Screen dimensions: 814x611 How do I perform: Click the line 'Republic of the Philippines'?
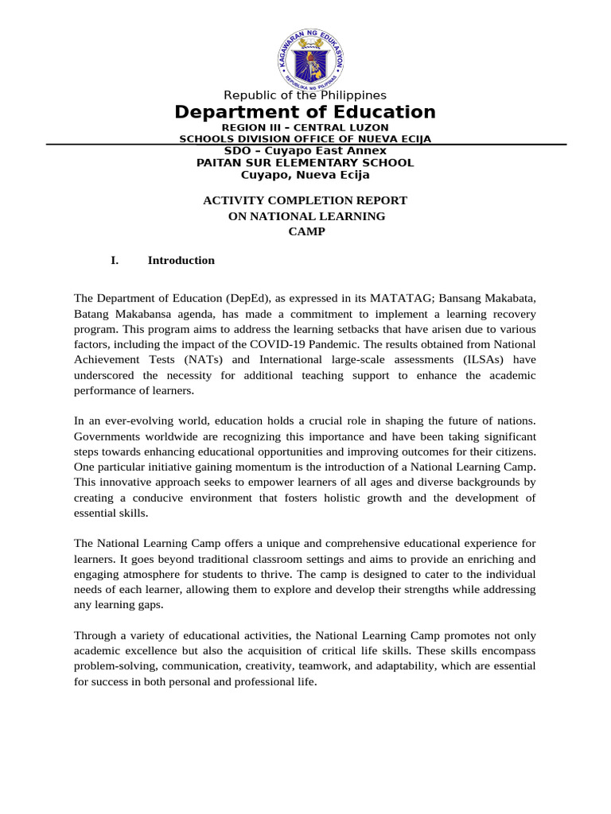coord(305,95)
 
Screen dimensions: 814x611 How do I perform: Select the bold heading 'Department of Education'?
coord(305,112)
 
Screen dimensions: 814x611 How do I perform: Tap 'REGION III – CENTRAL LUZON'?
coord(305,127)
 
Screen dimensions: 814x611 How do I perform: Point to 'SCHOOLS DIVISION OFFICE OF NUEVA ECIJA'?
coord(305,138)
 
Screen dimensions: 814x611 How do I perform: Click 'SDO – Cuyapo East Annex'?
coord(305,150)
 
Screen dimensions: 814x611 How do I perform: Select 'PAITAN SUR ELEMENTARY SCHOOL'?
coord(305,162)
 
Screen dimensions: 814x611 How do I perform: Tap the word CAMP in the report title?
coord(305,231)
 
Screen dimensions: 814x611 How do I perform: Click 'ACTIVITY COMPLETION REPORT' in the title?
coord(305,200)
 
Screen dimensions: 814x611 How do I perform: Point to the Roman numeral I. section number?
coord(115,260)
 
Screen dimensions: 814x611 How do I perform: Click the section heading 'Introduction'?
coord(181,260)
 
